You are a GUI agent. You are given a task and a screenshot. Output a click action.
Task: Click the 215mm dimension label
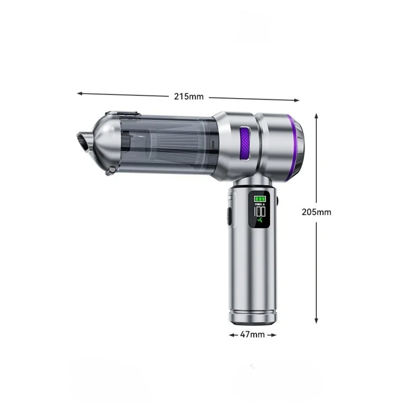point(189,96)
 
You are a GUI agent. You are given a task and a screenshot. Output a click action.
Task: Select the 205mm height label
point(316,212)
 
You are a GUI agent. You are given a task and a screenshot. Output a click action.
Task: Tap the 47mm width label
point(252,335)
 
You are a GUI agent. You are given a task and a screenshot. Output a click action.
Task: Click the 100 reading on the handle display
point(259,211)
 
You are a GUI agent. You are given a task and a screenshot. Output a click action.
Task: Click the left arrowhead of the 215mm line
point(79,93)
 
